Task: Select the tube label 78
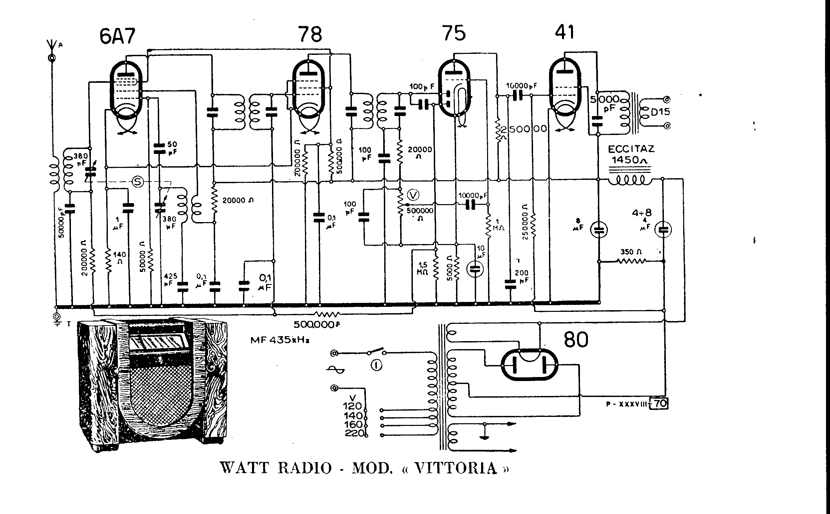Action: [x=310, y=34]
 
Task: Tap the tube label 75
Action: [x=454, y=33]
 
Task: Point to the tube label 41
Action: [x=564, y=32]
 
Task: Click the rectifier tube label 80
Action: [x=576, y=339]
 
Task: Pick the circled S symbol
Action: [x=138, y=182]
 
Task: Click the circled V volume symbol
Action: [x=414, y=195]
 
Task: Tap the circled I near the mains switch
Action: [x=376, y=365]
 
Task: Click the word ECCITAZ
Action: [x=631, y=149]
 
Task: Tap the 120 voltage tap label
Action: [x=352, y=406]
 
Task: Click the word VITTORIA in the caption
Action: [x=455, y=468]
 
